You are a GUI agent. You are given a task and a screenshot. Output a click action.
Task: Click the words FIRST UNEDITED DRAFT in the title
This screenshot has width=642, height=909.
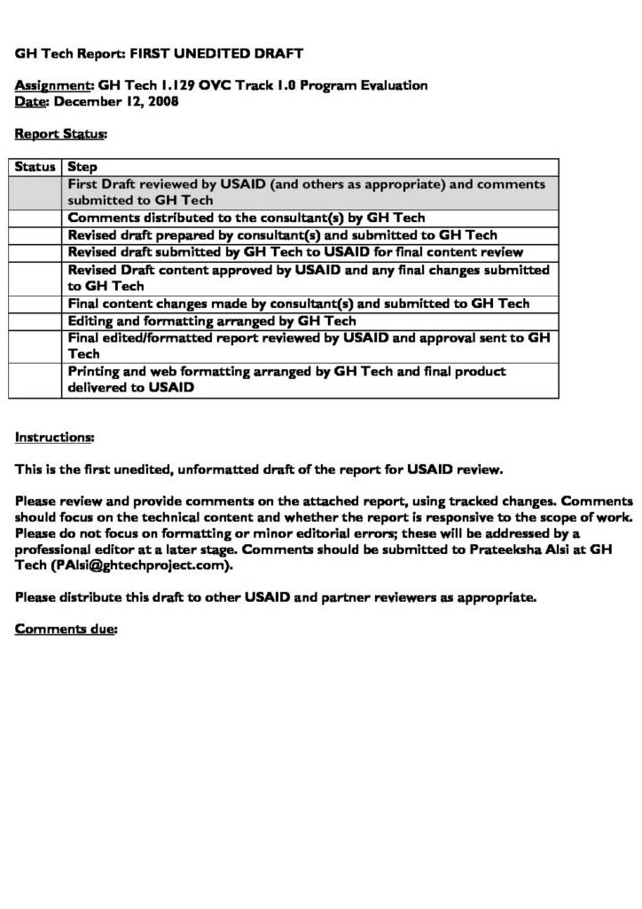pos(216,53)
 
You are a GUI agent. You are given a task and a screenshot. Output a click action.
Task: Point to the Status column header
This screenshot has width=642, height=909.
pos(35,167)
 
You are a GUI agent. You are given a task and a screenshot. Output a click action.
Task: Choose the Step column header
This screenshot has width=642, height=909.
pos(82,167)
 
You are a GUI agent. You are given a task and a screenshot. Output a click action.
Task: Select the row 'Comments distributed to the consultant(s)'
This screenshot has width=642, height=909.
pos(247,217)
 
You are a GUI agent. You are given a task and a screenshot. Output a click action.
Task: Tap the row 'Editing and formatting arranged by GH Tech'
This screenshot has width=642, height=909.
pos(212,320)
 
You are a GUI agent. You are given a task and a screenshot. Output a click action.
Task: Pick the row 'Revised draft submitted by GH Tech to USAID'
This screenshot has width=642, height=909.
pos(295,252)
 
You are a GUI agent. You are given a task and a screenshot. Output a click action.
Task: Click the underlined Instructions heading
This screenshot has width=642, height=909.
pos(54,437)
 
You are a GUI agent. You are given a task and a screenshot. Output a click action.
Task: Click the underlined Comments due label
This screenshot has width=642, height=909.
pos(66,629)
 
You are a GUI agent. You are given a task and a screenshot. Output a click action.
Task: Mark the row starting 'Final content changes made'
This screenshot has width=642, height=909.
pos(298,304)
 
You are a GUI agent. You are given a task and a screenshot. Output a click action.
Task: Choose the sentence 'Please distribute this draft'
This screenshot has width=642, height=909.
pos(276,597)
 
